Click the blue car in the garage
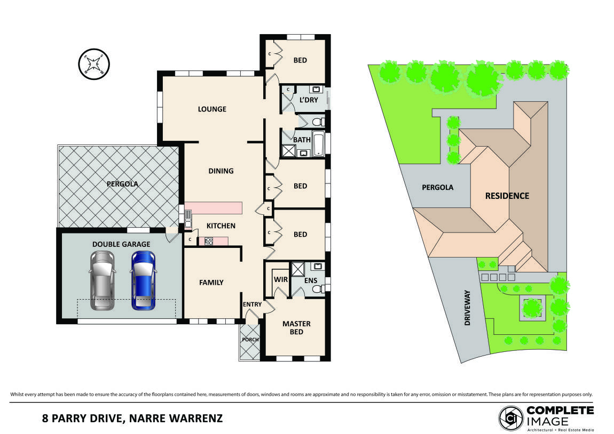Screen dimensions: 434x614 click(x=143, y=280)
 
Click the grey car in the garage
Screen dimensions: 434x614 click(x=102, y=280)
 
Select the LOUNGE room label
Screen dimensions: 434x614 click(x=212, y=109)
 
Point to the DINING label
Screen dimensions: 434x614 click(x=221, y=171)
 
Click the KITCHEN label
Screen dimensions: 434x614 click(x=221, y=226)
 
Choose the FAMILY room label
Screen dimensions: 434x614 click(x=211, y=283)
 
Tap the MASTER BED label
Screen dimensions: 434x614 click(x=296, y=328)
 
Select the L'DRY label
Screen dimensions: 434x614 click(x=308, y=100)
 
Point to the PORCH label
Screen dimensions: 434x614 click(x=250, y=340)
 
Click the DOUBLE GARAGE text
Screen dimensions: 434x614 click(x=121, y=244)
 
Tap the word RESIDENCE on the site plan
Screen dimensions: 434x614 click(x=507, y=196)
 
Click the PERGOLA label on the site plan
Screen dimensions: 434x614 click(x=437, y=188)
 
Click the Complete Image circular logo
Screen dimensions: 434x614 click(x=511, y=419)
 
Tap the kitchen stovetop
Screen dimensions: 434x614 click(x=209, y=241)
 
